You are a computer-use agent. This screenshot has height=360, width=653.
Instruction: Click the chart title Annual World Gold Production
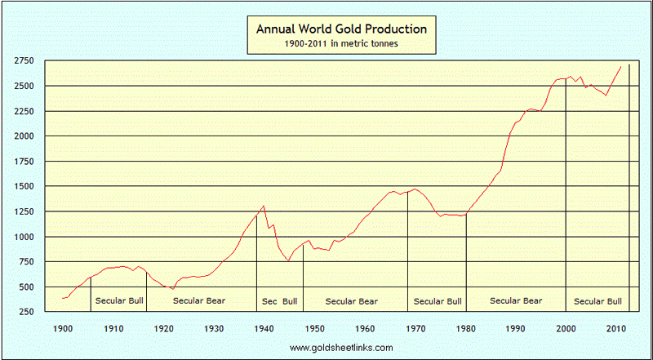click(342, 29)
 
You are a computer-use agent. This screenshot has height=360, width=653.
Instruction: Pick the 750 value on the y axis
click(25, 262)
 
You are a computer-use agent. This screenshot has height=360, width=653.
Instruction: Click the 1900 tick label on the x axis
click(63, 328)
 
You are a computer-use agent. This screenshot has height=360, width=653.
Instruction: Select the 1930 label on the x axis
click(214, 328)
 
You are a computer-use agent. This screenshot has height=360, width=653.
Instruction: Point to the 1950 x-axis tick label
click(315, 328)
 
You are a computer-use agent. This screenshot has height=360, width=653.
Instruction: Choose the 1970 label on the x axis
click(415, 328)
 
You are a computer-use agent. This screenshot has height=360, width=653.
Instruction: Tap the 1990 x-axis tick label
click(516, 328)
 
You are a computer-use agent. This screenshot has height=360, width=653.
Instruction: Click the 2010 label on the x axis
click(616, 328)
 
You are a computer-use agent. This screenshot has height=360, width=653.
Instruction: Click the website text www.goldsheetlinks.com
click(341, 348)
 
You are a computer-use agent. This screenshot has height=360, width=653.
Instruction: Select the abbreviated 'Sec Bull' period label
click(280, 302)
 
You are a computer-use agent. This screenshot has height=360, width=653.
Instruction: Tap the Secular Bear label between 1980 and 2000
click(516, 302)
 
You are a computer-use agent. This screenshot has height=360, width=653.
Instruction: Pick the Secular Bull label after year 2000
click(598, 302)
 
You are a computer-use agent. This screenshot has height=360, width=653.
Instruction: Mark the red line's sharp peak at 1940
click(264, 206)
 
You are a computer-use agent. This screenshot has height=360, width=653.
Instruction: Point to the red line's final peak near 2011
click(621, 66)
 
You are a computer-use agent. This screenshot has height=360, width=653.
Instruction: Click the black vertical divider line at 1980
click(466, 261)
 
